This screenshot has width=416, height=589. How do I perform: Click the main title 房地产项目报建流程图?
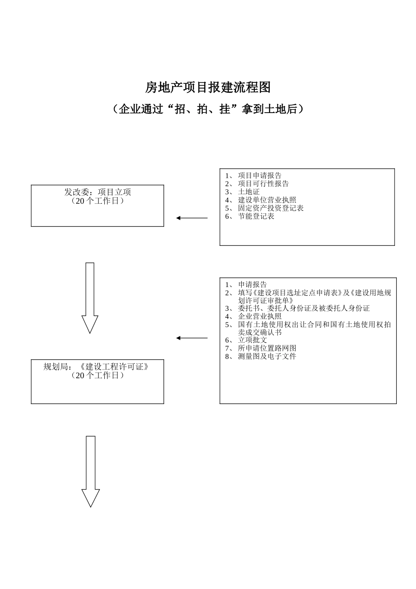point(208,88)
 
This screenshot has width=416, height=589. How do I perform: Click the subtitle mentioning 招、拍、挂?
point(208,109)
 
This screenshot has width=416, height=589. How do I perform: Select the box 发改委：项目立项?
point(97,206)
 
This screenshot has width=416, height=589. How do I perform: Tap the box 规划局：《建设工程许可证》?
point(97,381)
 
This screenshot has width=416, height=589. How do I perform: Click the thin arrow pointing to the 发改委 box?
point(192,218)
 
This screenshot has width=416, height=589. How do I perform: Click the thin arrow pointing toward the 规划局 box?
point(192,338)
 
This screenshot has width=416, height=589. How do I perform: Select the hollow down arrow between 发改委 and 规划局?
point(90,298)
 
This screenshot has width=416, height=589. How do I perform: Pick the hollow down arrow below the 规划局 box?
point(91,471)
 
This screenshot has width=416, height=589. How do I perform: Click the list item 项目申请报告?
point(260,176)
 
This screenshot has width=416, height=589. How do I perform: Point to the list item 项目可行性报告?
point(263,184)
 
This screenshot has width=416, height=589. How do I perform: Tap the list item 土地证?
point(249,192)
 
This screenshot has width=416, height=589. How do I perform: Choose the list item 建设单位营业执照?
point(267,200)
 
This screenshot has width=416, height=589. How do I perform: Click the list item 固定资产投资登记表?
point(271,208)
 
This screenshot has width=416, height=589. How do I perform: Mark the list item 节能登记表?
point(256,216)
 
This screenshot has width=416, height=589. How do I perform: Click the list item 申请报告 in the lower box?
point(252,284)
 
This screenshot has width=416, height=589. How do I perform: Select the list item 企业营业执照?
point(260,316)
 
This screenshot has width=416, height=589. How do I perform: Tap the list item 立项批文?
point(252,340)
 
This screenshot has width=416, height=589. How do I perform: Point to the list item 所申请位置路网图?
point(267,348)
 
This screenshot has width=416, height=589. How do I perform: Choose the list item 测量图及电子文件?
point(267,356)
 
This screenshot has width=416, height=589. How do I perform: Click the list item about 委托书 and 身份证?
point(304,308)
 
